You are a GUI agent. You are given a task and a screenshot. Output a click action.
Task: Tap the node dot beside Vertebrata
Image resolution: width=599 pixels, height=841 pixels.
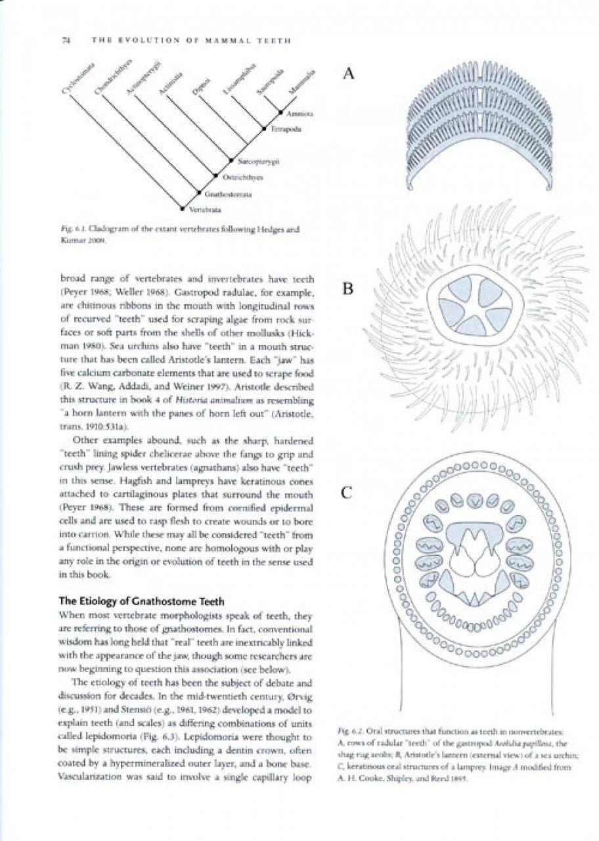pos(183,208)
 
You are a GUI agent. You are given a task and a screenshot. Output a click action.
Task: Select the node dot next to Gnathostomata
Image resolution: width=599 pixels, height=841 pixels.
pos(200,193)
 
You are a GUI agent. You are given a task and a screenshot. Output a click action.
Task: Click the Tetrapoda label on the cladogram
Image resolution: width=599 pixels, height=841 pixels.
pos(285,130)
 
